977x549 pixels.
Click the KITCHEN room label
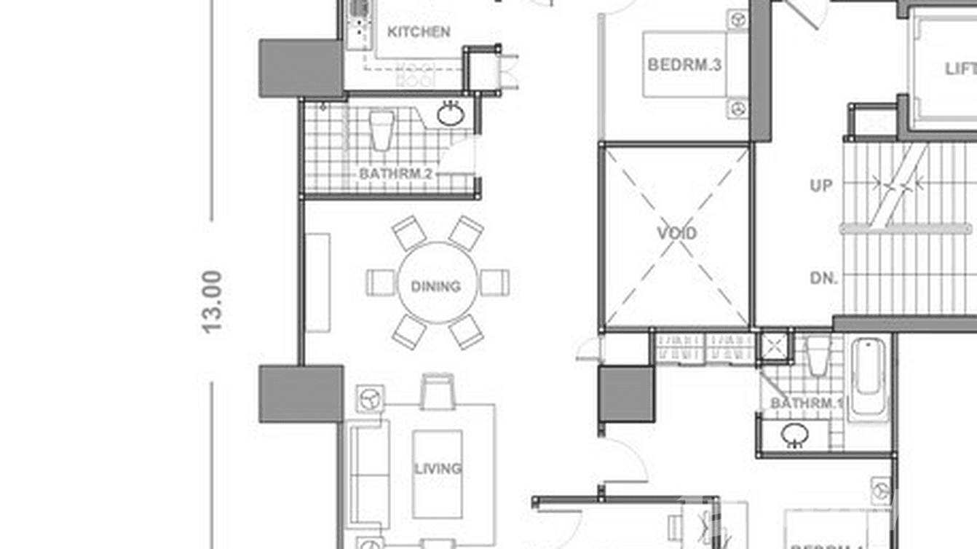coord(419,32)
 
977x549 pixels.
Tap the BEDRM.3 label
coord(684,65)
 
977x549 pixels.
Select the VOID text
coord(677,234)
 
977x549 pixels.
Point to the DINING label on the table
coord(436,286)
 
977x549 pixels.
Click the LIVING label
coord(438,468)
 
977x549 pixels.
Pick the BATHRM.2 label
coord(396,175)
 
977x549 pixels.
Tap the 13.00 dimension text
coord(212,301)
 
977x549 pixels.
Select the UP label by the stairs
coord(821,186)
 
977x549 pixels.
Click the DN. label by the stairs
coord(823,278)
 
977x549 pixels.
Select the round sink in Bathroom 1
coord(794,435)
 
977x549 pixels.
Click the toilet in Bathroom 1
coord(818,355)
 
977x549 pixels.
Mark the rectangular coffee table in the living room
coord(437,474)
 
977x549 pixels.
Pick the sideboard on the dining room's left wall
coord(317,283)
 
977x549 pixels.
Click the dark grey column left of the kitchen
coord(301,68)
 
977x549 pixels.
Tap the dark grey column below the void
coord(626,394)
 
